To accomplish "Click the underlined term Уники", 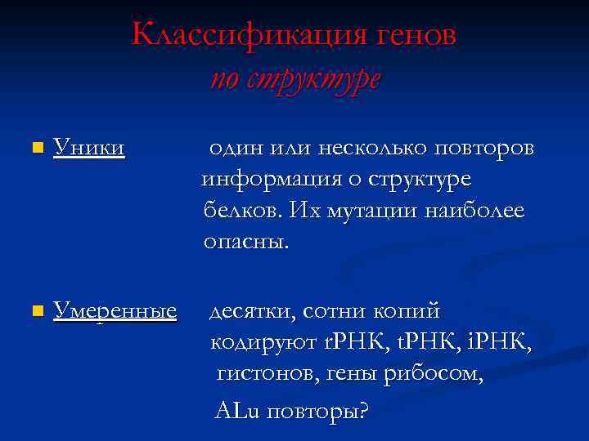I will point(89,147).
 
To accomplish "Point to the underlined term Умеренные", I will point(115,311).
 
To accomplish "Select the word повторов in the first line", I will point(483,148).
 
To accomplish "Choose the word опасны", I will point(246,243).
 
